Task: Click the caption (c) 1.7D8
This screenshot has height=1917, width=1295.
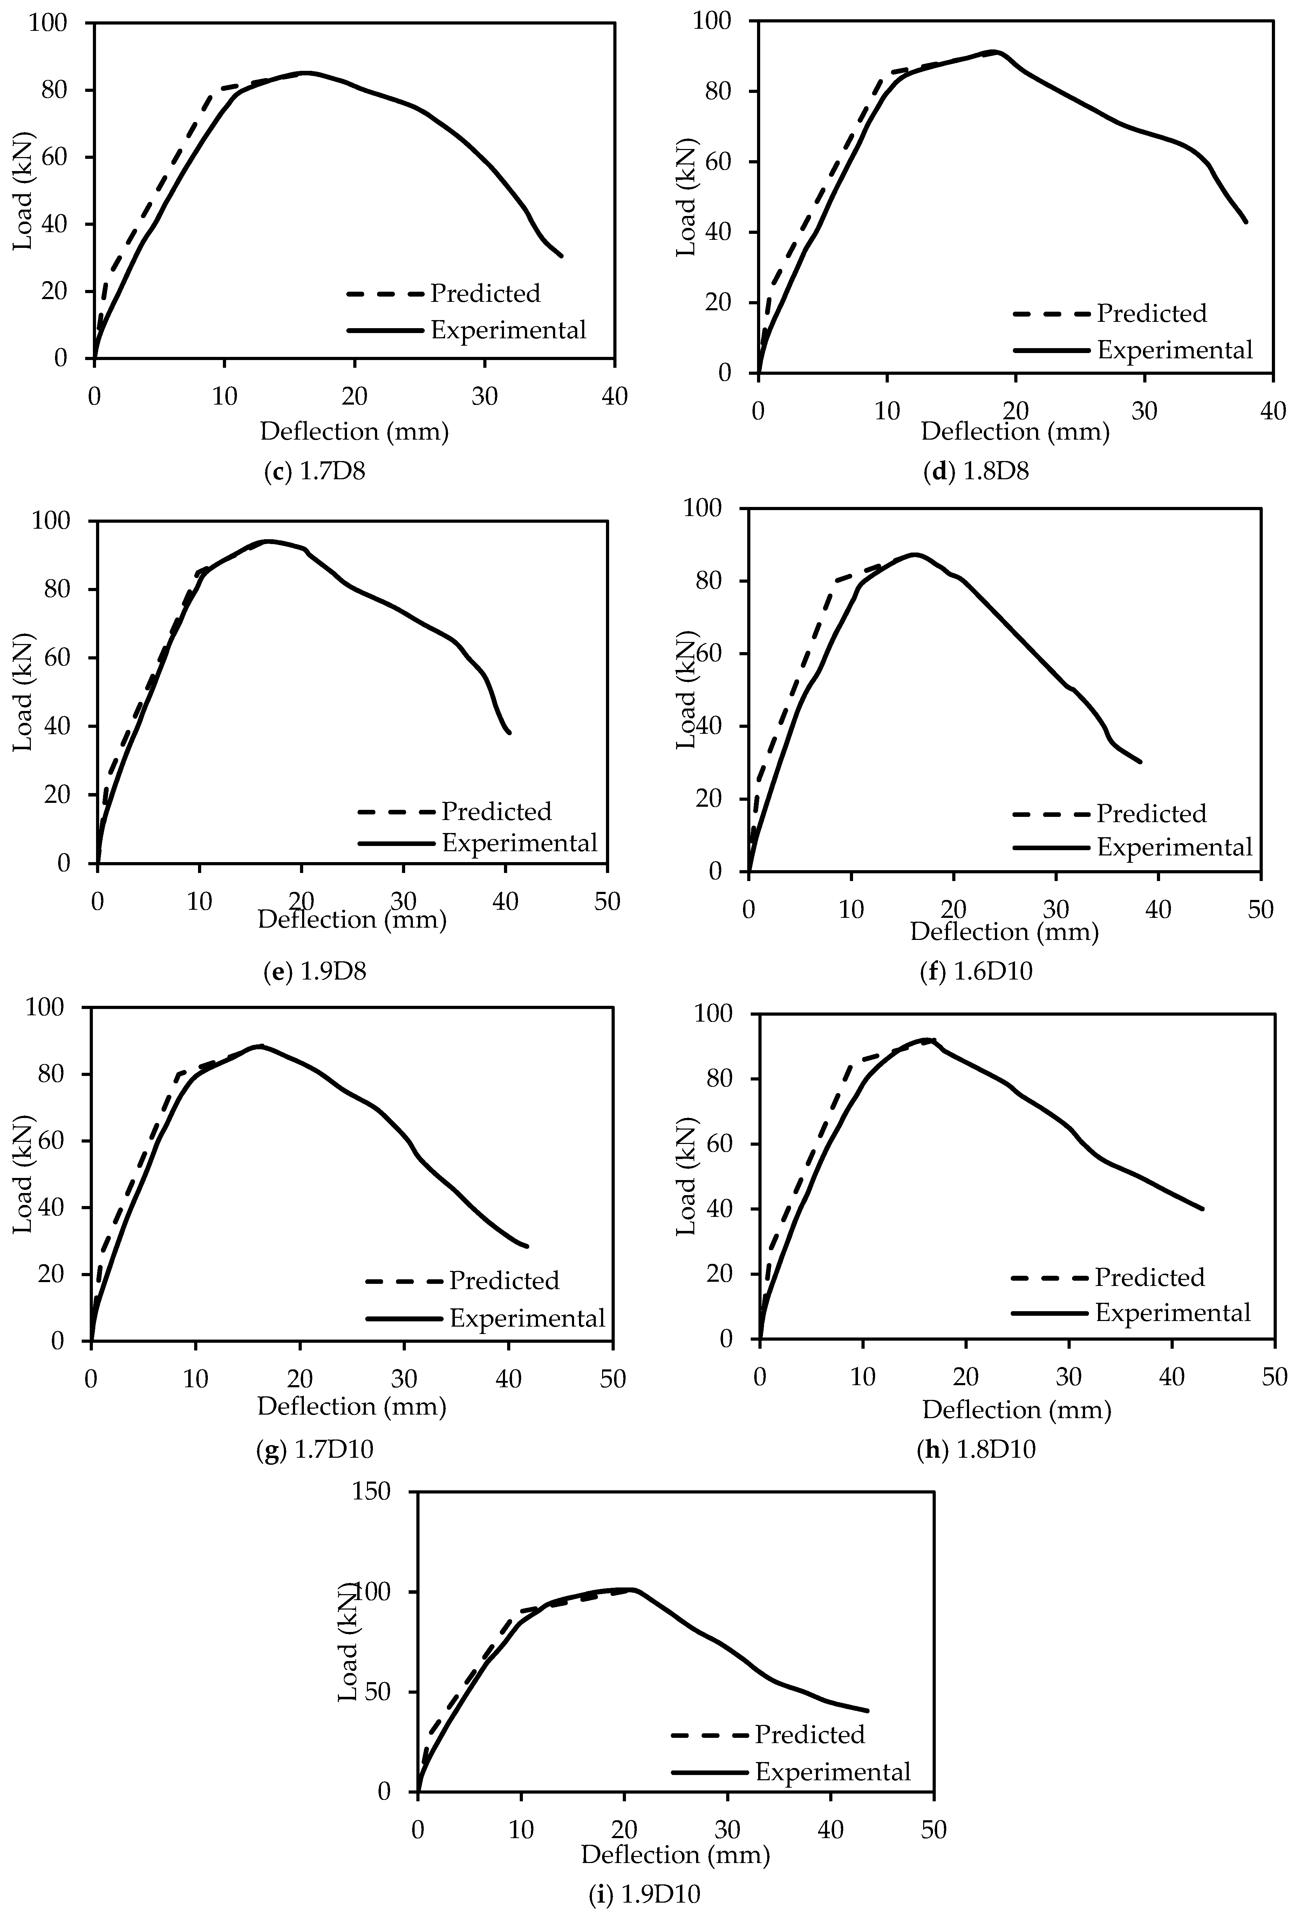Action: tap(313, 472)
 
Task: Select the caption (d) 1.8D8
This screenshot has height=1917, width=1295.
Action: tap(976, 472)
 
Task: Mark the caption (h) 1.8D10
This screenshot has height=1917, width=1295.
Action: tap(976, 1449)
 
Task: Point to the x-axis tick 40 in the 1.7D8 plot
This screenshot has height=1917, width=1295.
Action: tap(614, 397)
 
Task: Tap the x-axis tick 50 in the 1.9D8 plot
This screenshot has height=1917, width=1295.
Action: tap(607, 901)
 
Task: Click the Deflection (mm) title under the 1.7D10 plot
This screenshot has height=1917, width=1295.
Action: tap(352, 1407)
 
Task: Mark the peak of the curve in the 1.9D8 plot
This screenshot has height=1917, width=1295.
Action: tap(268, 541)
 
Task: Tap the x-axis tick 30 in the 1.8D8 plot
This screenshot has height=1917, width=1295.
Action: tap(1144, 411)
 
